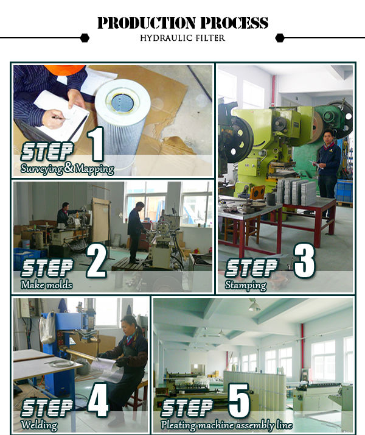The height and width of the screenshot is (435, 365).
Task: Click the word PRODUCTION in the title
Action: point(146,23)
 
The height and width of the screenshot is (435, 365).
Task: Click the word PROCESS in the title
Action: point(234,23)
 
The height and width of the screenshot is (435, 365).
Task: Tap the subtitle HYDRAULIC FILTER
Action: point(182,38)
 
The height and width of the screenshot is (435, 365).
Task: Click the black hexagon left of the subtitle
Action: point(85,38)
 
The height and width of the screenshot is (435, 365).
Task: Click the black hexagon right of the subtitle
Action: point(280,38)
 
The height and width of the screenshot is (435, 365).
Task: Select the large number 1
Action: point(96,144)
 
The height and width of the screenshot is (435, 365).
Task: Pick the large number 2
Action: point(97,261)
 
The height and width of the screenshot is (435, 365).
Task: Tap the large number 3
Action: point(304,261)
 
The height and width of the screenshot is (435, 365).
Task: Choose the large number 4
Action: point(98,400)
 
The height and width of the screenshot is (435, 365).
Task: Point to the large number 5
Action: point(238,400)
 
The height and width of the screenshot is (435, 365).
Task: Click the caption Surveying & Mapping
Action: point(67,168)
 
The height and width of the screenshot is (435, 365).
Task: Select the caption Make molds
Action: point(46,285)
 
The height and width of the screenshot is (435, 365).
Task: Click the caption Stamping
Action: point(246,286)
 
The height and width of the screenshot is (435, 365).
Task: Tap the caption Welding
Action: point(39,425)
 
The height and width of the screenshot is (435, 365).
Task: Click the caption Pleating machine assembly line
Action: point(226,425)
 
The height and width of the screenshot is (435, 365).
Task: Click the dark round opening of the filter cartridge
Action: point(122,103)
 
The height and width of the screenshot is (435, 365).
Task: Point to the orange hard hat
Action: point(64,70)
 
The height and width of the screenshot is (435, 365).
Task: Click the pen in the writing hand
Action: point(58,118)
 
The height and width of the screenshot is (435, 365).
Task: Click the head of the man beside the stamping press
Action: point(328,136)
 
